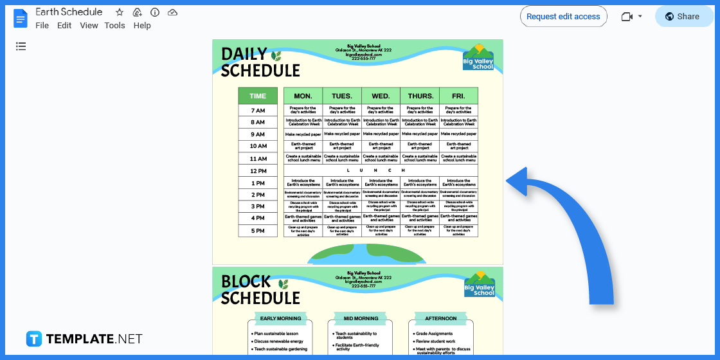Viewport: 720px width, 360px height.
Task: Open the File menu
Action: [x=42, y=26]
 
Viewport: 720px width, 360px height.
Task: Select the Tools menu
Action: [x=114, y=26]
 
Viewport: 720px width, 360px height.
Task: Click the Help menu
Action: [x=142, y=26]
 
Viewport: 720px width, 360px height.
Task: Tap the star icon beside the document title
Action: [x=120, y=12]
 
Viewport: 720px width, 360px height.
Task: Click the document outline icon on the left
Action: [x=21, y=46]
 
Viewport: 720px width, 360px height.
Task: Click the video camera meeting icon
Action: [x=627, y=17]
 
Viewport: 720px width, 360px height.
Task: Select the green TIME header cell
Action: [x=258, y=96]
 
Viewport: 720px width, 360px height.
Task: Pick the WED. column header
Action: [x=381, y=96]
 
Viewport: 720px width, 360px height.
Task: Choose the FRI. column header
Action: [x=458, y=96]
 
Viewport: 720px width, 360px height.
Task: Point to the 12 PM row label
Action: [x=258, y=171]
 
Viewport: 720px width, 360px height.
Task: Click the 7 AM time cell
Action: [x=258, y=111]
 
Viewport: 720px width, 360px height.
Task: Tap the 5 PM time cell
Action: [x=258, y=231]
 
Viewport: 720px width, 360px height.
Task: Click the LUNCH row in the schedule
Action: [x=381, y=170]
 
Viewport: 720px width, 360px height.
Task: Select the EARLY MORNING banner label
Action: [x=280, y=318]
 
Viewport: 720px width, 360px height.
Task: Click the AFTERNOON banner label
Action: [x=440, y=318]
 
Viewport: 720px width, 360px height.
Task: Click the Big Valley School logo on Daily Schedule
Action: [x=478, y=57]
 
